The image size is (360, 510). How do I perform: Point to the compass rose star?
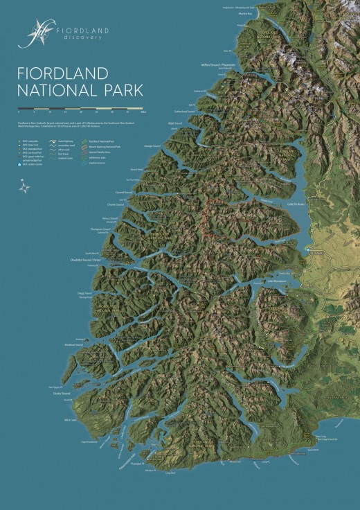25,185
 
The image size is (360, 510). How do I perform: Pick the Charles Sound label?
115,204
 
